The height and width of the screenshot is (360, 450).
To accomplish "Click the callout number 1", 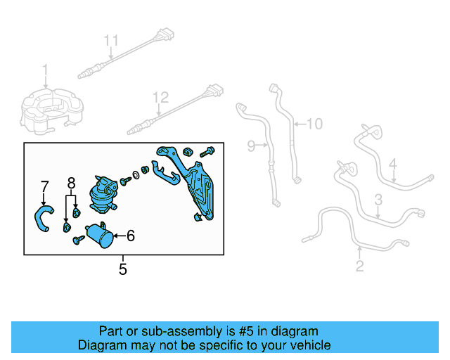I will [46, 70].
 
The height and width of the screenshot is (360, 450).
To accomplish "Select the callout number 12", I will [162, 96].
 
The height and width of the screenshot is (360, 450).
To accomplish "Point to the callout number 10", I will [314, 124].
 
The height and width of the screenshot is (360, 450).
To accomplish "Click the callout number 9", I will [252, 146].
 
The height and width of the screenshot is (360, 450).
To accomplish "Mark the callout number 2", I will [360, 266].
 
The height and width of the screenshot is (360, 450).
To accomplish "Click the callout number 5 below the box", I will [123, 269].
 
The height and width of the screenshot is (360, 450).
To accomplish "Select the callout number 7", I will [44, 186].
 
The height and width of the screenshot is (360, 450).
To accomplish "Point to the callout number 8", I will [71, 184].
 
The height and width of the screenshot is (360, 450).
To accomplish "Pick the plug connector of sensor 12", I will [214, 90].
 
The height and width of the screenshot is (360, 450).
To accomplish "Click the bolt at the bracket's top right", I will [208, 151].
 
